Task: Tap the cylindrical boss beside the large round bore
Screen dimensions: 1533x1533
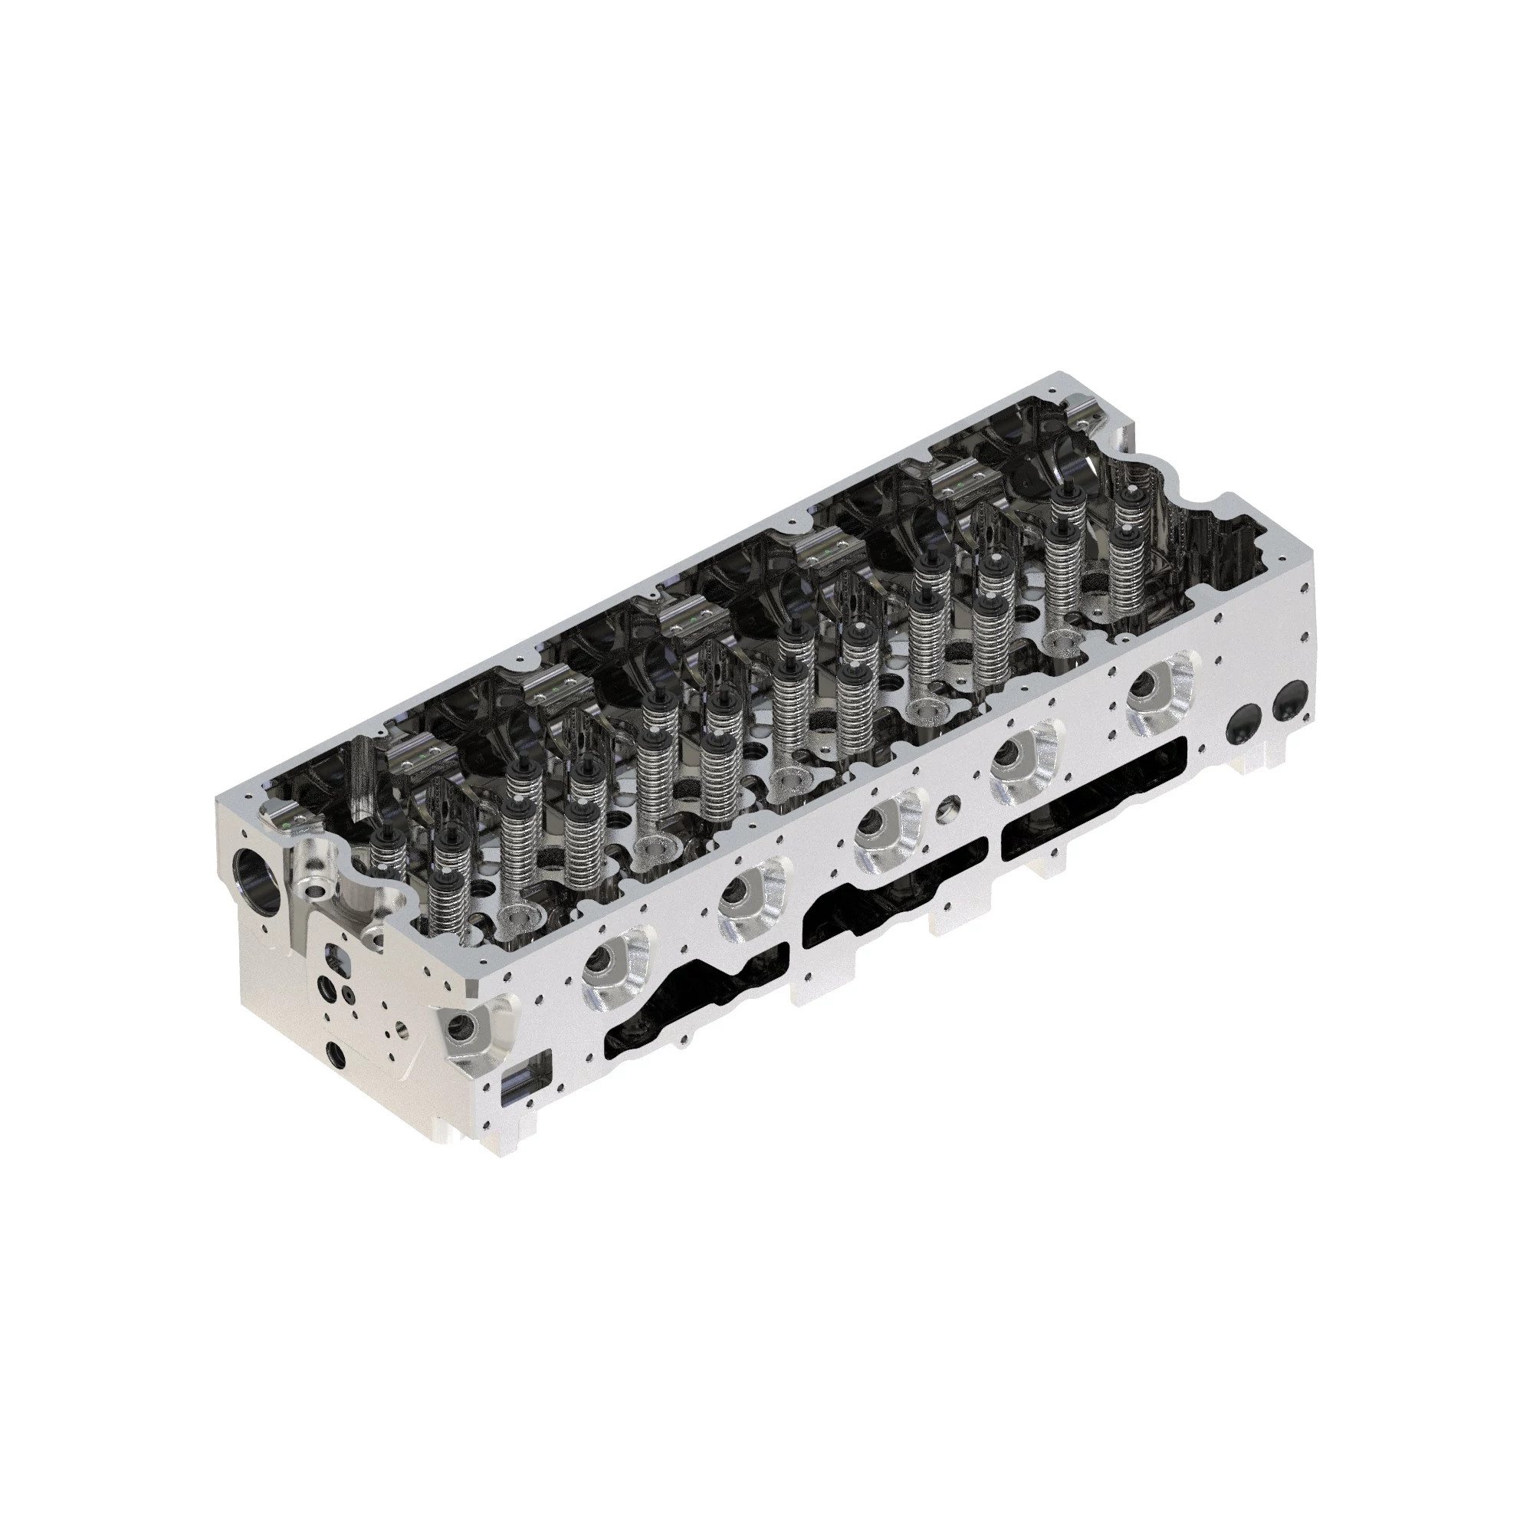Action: point(314,875)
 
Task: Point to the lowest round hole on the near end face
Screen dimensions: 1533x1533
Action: point(336,1055)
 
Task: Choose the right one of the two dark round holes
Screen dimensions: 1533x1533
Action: point(1288,698)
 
